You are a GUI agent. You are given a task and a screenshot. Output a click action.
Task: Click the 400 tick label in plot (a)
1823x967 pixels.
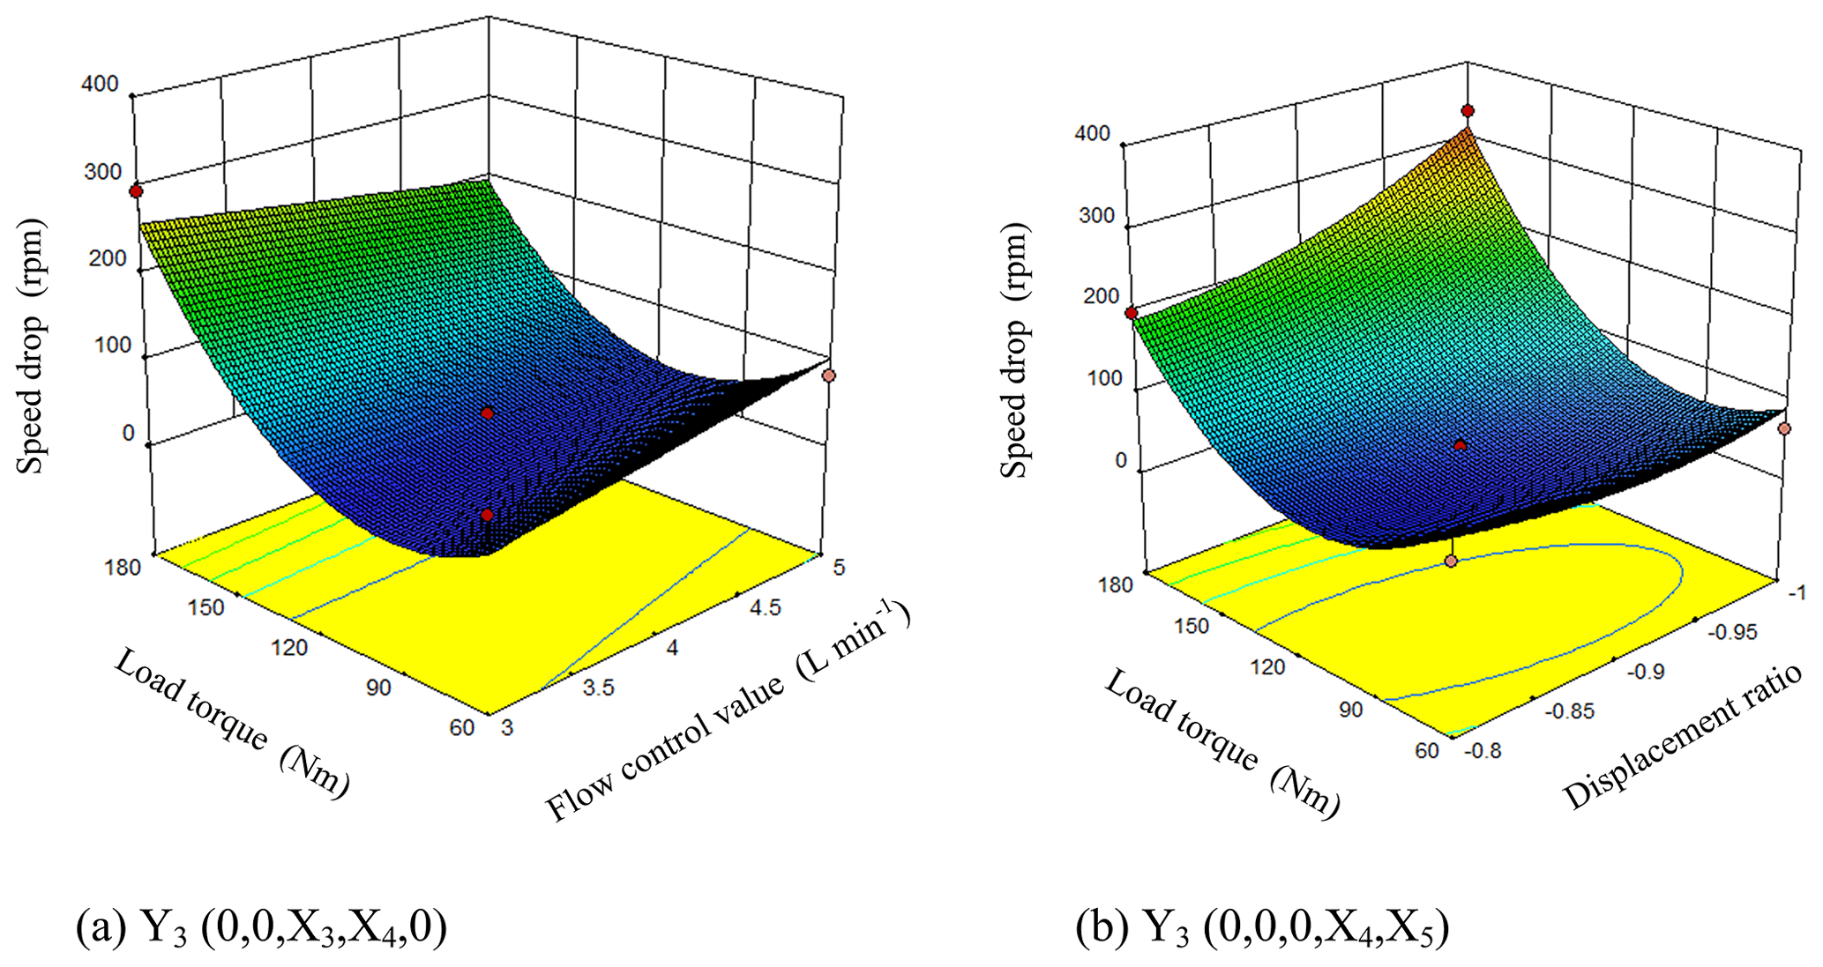pos(100,84)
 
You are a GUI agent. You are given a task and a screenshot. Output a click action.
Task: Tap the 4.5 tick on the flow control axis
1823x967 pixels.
pos(764,607)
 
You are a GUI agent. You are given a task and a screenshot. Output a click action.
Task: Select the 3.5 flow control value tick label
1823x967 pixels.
pos(598,688)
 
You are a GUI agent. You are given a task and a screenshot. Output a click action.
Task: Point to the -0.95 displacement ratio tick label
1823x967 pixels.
pos(1732,631)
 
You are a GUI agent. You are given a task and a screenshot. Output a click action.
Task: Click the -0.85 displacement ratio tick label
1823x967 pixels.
pos(1571,710)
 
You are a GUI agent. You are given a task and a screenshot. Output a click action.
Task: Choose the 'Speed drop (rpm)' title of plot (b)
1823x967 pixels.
pos(1014,351)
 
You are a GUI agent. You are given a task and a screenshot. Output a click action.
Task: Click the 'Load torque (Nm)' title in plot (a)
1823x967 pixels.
pos(232,723)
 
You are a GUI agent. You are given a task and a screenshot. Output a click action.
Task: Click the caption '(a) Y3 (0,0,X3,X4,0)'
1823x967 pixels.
pos(261,928)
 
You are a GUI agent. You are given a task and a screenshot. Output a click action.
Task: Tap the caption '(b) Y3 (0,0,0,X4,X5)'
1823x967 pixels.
pos(1262,928)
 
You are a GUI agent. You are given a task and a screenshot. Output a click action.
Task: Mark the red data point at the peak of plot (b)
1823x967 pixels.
pos(1468,111)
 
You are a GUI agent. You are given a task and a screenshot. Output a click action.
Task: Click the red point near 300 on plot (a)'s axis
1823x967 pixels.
pos(136,191)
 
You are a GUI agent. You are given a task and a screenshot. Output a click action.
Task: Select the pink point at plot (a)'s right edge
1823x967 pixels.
pos(828,376)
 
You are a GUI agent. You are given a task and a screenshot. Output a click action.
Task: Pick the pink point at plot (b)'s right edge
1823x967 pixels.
pos(1784,428)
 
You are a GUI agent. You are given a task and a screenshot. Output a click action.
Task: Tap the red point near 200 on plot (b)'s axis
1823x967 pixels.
pos(1131,313)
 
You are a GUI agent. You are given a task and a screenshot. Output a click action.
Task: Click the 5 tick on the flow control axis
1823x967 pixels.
pos(839,567)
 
